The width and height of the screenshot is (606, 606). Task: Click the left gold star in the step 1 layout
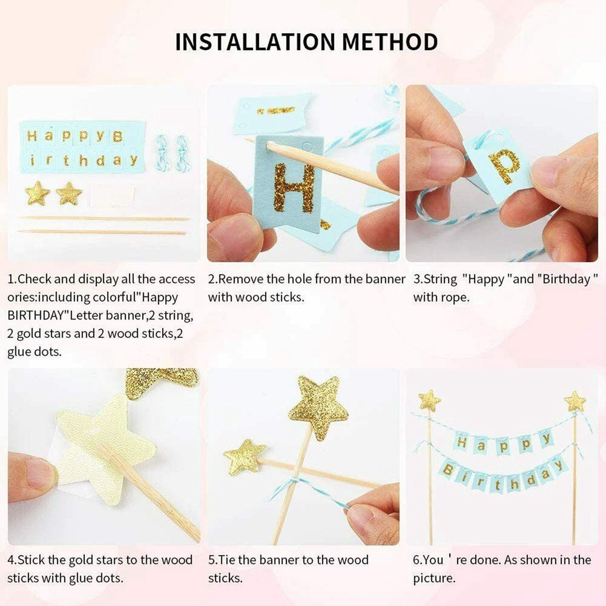click(37, 193)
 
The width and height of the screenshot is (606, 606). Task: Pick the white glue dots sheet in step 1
click(112, 196)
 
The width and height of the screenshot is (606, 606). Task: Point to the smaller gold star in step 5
click(244, 456)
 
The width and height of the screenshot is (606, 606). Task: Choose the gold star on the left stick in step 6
click(430, 401)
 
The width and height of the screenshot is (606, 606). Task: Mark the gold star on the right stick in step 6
click(575, 401)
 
